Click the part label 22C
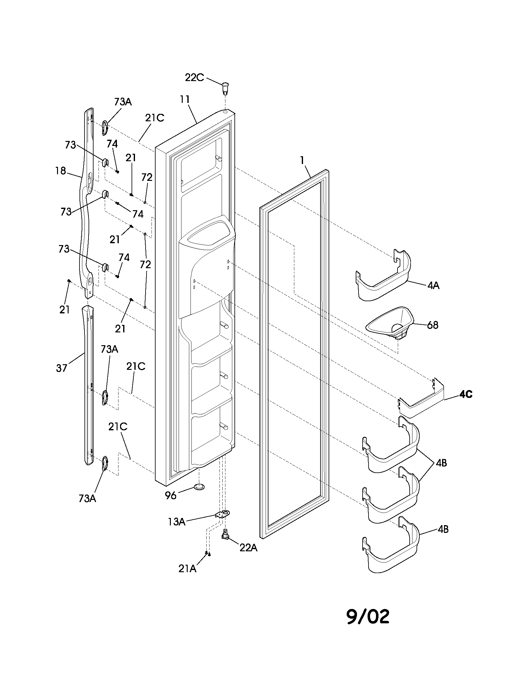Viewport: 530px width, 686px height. pyautogui.click(x=194, y=77)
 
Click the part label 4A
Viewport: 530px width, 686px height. pyautogui.click(x=433, y=286)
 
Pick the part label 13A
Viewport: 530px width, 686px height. pyautogui.click(x=176, y=522)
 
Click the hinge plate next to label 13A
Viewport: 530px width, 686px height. pyautogui.click(x=223, y=514)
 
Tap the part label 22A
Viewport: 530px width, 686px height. pyautogui.click(x=248, y=548)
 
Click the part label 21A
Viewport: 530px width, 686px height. pyautogui.click(x=187, y=568)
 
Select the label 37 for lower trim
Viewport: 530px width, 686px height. pyautogui.click(x=61, y=368)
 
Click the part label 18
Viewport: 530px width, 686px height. pyautogui.click(x=60, y=171)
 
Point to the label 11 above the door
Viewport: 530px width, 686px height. pyautogui.click(x=185, y=99)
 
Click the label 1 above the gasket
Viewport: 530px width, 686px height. pyautogui.click(x=302, y=161)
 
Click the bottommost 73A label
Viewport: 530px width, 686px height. pyautogui.click(x=87, y=499)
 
